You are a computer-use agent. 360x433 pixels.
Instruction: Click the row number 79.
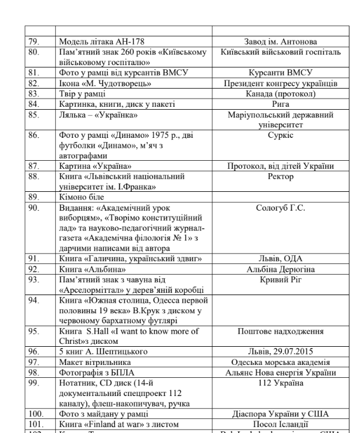(x=33, y=41)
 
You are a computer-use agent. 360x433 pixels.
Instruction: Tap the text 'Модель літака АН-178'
(x=100, y=41)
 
